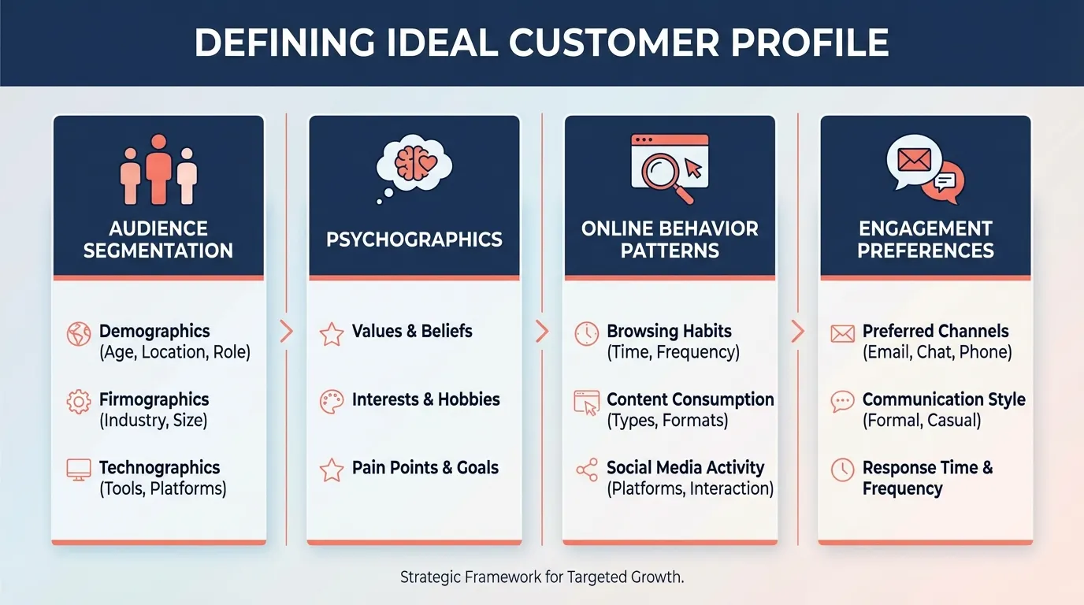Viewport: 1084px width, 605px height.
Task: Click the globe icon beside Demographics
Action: tap(79, 334)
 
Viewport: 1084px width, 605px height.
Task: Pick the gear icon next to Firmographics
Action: tap(79, 402)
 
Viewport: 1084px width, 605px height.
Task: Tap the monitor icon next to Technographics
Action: tap(79, 470)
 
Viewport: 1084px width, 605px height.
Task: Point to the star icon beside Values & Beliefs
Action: tap(332, 334)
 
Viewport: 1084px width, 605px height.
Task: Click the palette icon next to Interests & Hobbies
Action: tap(332, 402)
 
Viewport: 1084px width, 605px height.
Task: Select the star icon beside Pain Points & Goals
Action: tap(332, 470)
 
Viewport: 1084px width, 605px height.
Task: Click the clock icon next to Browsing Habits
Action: tap(587, 333)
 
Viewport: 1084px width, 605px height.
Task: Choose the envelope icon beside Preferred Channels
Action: tap(842, 334)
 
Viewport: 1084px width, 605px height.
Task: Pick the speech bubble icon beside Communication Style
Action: tap(842, 402)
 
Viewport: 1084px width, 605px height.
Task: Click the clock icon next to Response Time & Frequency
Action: tap(842, 470)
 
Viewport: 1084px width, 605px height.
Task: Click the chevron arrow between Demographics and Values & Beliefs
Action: tap(287, 331)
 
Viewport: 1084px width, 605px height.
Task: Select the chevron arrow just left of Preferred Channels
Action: tap(797, 331)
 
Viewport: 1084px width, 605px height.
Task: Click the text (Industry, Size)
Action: tap(153, 421)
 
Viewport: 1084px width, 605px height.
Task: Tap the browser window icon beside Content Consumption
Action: tap(587, 403)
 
